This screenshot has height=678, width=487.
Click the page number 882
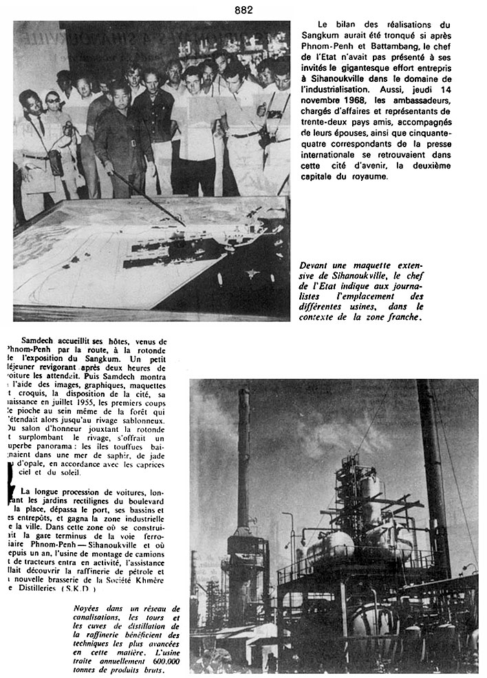pyautogui.click(x=243, y=10)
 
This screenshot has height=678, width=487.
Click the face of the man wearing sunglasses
pyautogui.click(x=52, y=101)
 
